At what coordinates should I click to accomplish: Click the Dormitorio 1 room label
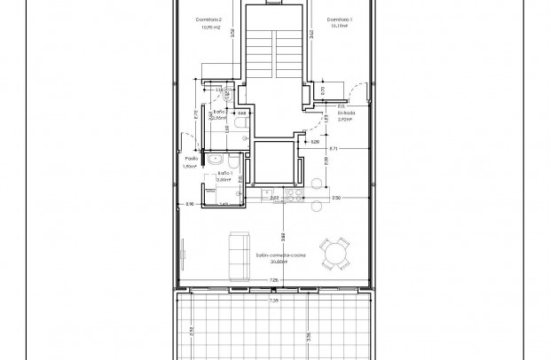click(x=339, y=20)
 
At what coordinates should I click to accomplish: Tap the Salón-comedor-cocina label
click(x=281, y=254)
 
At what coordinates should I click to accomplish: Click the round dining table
click(x=335, y=255)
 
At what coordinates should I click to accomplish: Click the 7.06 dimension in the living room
click(x=273, y=281)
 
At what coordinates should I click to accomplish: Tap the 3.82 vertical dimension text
click(x=282, y=237)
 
